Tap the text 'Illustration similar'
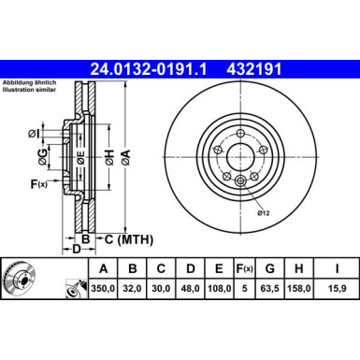[x=30, y=90]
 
